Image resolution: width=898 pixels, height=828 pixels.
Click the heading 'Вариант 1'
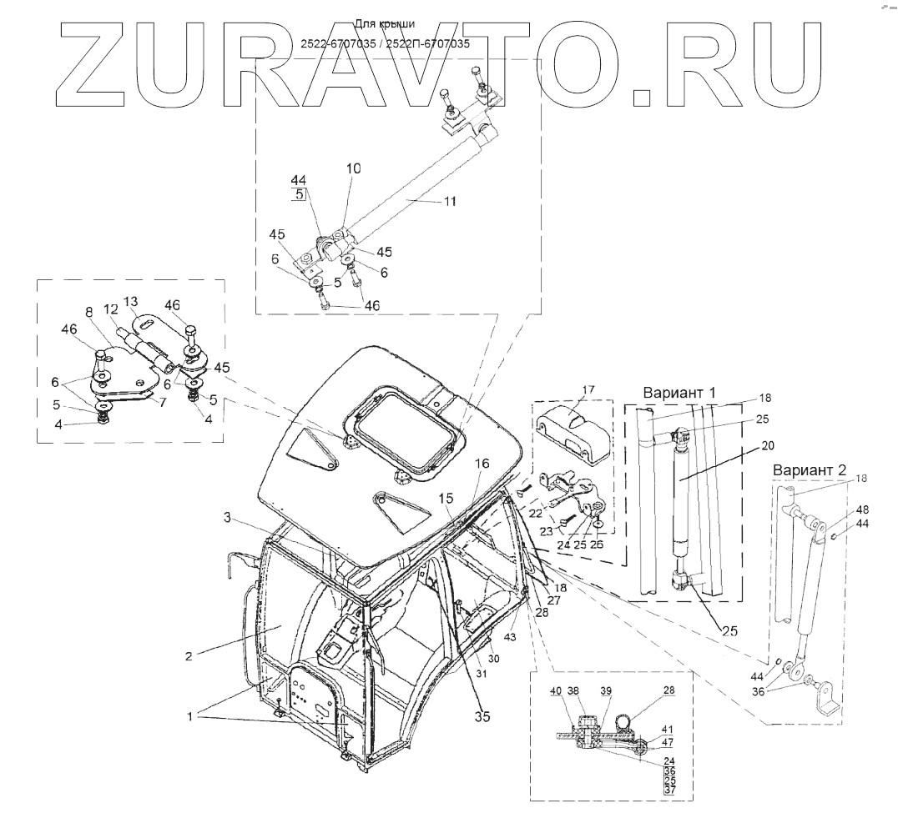(681, 392)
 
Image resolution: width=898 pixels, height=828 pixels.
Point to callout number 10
(354, 168)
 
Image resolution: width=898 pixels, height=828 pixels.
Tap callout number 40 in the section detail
(555, 690)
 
